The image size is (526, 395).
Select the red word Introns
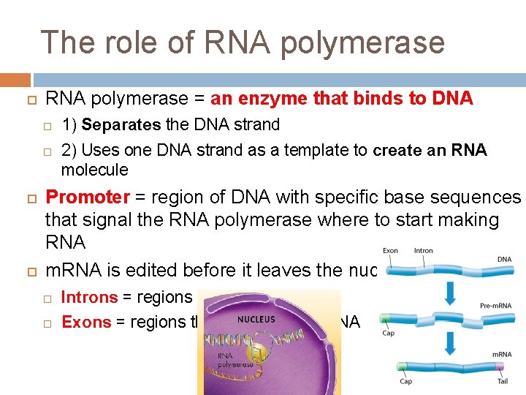(x=89, y=297)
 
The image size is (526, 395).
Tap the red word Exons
(x=86, y=322)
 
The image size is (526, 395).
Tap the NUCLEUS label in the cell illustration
(x=256, y=320)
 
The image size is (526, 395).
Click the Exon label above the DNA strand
(x=391, y=251)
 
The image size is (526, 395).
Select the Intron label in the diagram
(x=424, y=251)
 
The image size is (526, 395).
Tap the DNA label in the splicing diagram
(x=504, y=259)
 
